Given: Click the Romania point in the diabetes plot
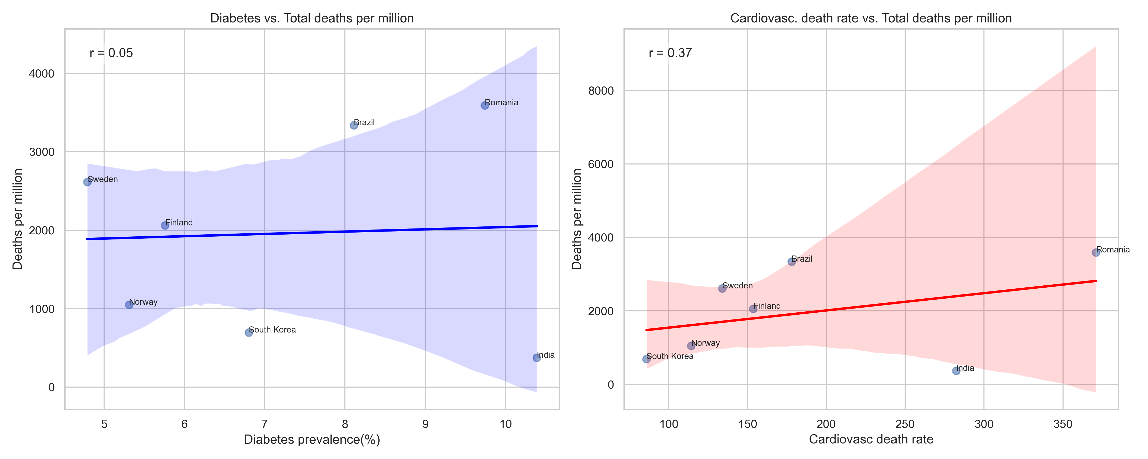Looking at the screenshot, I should click(x=484, y=105).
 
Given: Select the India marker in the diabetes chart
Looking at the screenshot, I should click(x=536, y=358).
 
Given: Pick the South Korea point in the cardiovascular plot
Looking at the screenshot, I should click(x=646, y=359).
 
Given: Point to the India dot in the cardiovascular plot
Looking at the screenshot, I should click(x=956, y=371).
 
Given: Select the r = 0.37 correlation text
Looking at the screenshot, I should click(x=670, y=53).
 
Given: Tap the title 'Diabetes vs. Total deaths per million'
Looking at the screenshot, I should click(x=312, y=18).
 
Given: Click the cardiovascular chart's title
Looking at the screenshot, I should click(x=871, y=18).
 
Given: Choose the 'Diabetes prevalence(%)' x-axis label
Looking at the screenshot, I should click(x=312, y=440).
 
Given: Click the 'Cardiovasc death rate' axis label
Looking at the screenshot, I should click(x=871, y=440).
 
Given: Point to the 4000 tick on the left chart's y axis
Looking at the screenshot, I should click(x=41, y=73).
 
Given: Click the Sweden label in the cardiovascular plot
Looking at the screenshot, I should click(x=738, y=286).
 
